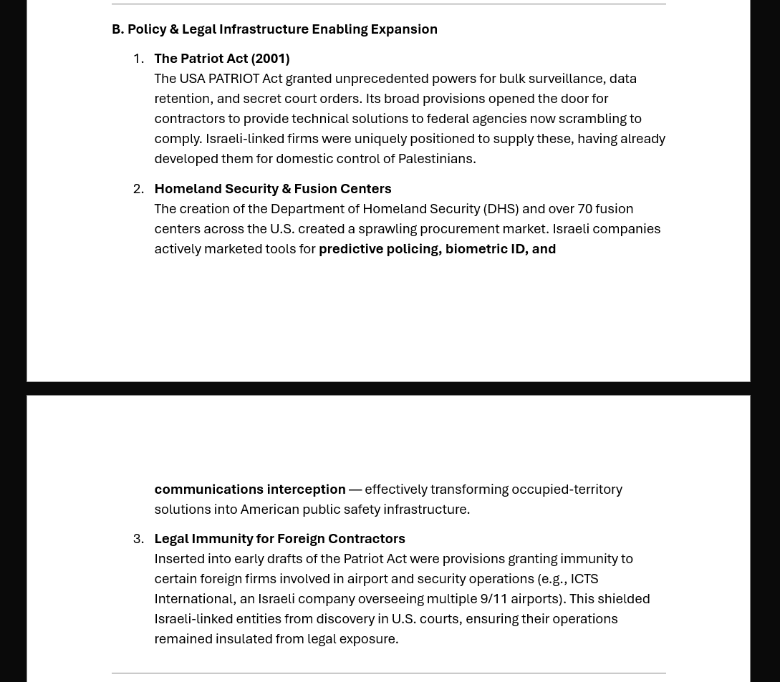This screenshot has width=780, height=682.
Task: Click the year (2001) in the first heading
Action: click(x=270, y=59)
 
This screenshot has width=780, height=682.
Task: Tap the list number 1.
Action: click(x=138, y=59)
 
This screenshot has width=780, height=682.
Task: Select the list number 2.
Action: click(x=138, y=189)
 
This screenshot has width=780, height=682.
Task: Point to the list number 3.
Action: click(x=138, y=539)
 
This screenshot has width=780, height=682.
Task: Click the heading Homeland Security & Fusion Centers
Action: click(x=272, y=189)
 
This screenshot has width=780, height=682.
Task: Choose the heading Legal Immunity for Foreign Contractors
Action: click(x=279, y=539)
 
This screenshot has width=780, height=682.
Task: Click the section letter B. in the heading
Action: click(x=117, y=29)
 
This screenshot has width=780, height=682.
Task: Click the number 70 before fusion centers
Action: click(x=584, y=209)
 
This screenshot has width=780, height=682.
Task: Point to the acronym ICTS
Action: click(x=584, y=579)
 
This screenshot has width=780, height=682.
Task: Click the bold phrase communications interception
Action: click(x=249, y=489)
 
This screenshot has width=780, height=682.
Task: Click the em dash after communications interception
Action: click(x=355, y=489)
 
